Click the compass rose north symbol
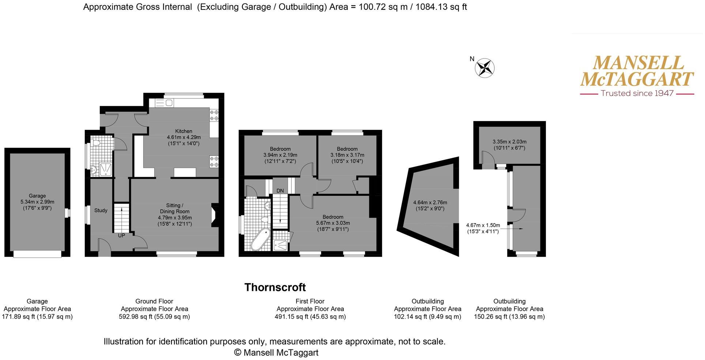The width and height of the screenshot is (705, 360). pos(485,68)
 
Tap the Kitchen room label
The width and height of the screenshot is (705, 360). pos(184,131)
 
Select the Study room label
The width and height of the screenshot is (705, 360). pos(101,210)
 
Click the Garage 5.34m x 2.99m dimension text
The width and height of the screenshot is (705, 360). pos(37,202)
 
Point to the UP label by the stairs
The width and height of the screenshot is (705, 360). pos(121,236)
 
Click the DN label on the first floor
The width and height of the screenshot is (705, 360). pos(280,191)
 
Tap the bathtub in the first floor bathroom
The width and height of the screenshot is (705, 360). pos(260,239)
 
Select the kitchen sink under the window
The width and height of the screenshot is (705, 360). pos(164,103)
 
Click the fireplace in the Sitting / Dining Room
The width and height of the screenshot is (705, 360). pos(215,216)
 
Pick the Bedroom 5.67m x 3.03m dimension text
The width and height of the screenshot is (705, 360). pos(333,223)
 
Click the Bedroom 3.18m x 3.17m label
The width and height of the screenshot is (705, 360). pos(347,155)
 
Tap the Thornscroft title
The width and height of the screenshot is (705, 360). pos(275,288)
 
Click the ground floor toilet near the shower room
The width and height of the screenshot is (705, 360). pos(96,143)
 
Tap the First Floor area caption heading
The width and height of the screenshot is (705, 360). pos(310,301)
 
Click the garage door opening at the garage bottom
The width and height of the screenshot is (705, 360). pos(37,254)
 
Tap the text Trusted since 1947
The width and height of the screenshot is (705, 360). pos(637,94)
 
